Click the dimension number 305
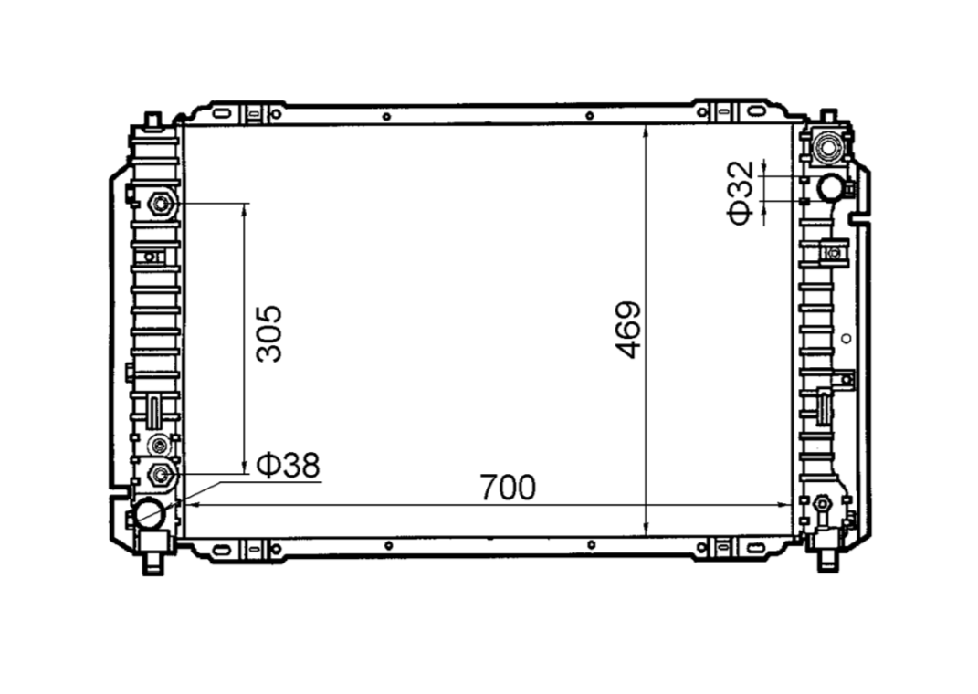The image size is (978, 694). click(x=269, y=333)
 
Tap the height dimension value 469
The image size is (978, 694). click(x=627, y=330)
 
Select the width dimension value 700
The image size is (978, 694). click(x=508, y=487)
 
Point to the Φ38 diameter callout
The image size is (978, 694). click(x=289, y=465)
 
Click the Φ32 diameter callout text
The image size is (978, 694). click(x=741, y=193)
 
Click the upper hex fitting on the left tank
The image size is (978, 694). click(x=162, y=204)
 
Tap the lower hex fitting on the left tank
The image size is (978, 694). click(x=161, y=475)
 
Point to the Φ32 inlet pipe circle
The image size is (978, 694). click(x=830, y=188)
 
